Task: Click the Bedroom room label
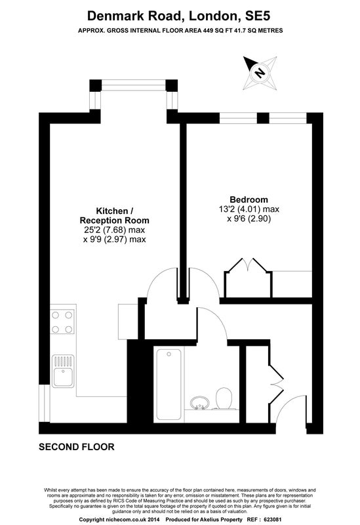pos(249,199)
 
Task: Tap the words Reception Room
pos(114,220)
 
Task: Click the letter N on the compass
pos(259,73)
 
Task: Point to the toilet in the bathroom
pos(224,398)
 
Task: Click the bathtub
pos(169,385)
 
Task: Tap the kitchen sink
pos(63,371)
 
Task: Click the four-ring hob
pos(62,322)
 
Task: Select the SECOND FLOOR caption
pos(77,447)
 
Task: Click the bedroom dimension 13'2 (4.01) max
pos(249,209)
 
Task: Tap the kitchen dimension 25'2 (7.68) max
pos(114,230)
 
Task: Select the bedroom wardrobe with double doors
pos(249,278)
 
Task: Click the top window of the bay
pos(134,85)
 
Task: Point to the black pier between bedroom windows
pos(264,118)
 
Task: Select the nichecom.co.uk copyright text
pos(119,520)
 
